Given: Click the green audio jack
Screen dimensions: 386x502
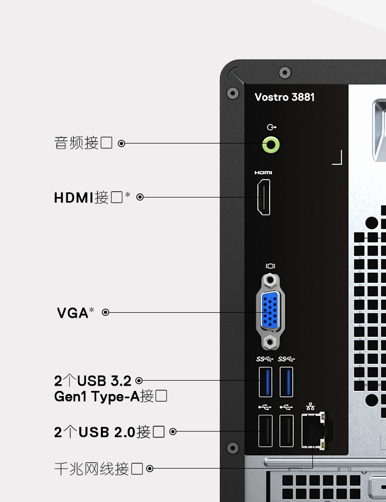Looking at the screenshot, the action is tap(271, 145).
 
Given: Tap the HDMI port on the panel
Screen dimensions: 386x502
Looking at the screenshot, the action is tap(264, 197).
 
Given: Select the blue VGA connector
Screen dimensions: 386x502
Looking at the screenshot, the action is tap(270, 311).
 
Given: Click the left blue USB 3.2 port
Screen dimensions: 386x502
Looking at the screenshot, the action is tap(266, 382).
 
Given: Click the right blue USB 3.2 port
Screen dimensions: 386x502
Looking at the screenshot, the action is tap(286, 382).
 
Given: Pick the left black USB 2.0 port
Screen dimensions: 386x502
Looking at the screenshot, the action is tap(266, 431).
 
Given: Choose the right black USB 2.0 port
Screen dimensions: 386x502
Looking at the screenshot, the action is tap(286, 431).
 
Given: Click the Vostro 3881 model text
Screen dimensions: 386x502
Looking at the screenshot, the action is tap(285, 97).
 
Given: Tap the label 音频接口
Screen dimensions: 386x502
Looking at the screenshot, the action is tap(83, 143).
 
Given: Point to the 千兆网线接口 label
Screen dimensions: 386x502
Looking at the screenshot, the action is tap(98, 469).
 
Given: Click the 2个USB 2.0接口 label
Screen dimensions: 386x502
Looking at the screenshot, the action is tap(109, 432).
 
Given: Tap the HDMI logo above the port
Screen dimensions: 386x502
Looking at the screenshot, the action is tap(264, 173).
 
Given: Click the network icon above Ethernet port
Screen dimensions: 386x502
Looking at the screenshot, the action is tap(310, 406).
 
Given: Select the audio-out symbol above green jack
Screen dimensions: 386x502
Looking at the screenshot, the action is tap(272, 128).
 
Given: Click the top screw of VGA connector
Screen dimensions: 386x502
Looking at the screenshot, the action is tap(271, 280).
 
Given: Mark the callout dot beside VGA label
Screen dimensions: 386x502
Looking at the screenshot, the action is tap(106, 312).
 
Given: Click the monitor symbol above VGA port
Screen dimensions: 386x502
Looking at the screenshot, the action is tap(270, 266).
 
